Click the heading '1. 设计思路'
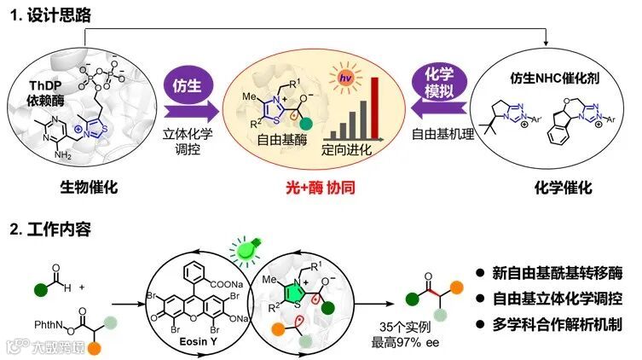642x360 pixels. click(x=50, y=15)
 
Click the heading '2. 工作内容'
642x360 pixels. click(x=50, y=229)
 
